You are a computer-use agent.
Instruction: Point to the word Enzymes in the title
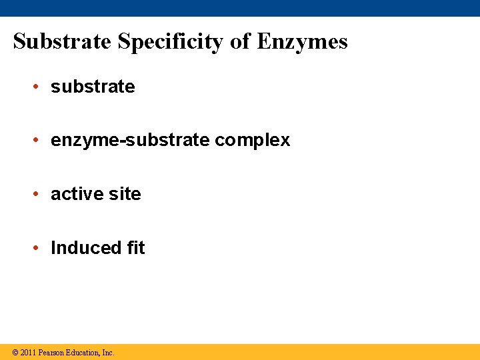click(302, 42)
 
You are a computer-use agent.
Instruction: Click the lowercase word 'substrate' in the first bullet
click(93, 87)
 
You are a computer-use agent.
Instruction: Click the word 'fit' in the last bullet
click(135, 248)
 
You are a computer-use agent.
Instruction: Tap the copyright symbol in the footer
click(15, 353)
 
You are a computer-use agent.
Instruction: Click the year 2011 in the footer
click(28, 353)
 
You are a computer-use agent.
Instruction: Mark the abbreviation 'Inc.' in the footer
click(108, 353)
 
